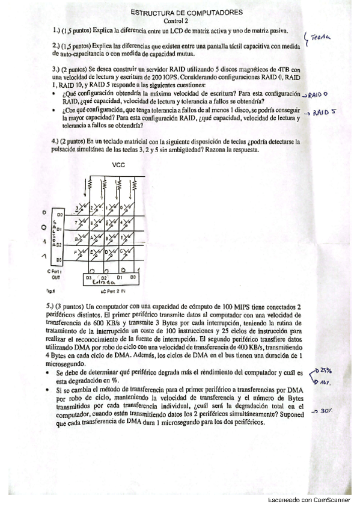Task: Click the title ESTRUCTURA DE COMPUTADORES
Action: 187,12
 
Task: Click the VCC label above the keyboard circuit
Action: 118,164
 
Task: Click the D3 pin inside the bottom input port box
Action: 88,277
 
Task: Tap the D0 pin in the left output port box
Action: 59,214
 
